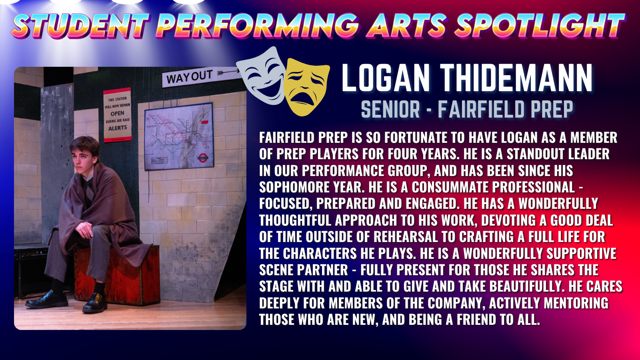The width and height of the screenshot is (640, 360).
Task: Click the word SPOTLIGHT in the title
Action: [540, 26]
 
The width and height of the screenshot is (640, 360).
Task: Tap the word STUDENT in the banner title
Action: [80, 26]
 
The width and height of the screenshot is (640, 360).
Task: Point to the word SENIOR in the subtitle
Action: [390, 109]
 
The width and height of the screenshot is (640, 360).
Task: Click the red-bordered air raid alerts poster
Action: [117, 115]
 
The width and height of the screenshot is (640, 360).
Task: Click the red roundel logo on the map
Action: [202, 158]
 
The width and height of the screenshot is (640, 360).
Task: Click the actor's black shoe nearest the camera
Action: [94, 303]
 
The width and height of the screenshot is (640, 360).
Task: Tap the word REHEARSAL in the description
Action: [406, 237]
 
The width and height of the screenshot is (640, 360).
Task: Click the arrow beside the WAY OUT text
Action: [228, 72]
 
